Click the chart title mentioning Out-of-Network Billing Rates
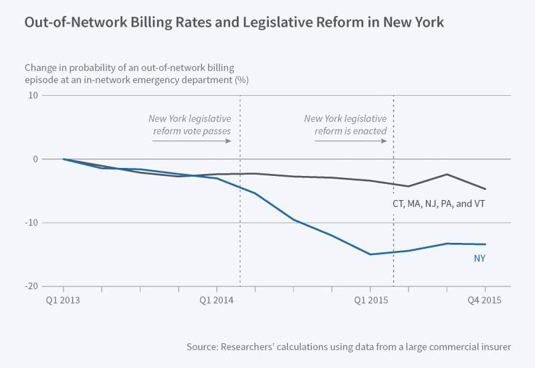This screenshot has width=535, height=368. coord(234,22)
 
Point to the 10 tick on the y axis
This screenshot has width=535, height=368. coord(31,96)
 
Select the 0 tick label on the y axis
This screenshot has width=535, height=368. coord(34,159)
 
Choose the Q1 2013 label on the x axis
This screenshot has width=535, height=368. coord(63,300)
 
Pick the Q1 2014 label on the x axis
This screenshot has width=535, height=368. coord(217,300)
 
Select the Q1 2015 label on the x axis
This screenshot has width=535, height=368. coord(370,300)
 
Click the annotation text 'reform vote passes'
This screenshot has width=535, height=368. coord(192,130)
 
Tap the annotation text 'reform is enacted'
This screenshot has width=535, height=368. coord(351,130)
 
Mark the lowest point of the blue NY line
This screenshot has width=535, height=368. coord(370,254)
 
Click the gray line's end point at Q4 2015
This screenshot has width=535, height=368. coord(485,189)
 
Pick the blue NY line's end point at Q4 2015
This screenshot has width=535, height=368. coord(485,244)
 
